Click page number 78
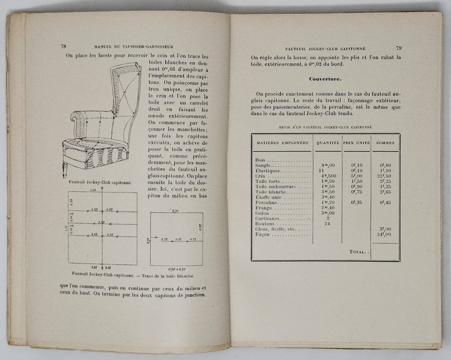pos(64,46)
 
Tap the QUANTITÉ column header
pos(328,143)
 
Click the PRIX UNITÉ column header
pos(357,143)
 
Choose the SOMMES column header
pos(385,143)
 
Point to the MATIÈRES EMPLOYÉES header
pos(282,143)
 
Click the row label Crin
pos(261,176)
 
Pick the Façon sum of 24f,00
pos(384,234)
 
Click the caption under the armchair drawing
pos(100,183)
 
